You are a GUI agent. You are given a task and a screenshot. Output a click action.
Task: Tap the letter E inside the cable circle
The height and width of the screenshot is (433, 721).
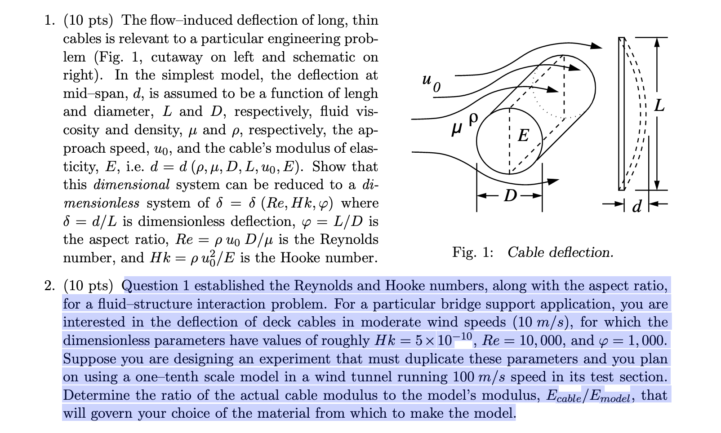pos(523,135)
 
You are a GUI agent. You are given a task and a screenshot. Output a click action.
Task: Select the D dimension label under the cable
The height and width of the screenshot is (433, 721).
pos(510,196)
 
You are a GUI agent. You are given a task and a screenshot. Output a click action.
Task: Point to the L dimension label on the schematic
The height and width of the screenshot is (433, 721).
pos(659,106)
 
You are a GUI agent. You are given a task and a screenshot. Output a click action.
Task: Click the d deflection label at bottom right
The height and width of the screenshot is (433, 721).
pos(636,206)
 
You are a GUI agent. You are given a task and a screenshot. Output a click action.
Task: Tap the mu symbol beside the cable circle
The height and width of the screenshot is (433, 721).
pos(457,129)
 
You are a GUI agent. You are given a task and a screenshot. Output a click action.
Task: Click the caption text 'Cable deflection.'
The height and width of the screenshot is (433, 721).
pos(560,252)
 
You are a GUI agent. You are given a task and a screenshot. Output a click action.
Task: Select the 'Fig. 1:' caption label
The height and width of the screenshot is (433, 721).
pos(473,252)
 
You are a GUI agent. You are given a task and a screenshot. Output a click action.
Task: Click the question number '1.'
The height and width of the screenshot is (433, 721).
pos(50,21)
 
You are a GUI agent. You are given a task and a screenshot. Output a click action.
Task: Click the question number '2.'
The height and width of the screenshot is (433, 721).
pos(50,286)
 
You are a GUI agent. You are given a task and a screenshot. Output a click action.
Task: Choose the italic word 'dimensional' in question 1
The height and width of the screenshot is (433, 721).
pos(132,185)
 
